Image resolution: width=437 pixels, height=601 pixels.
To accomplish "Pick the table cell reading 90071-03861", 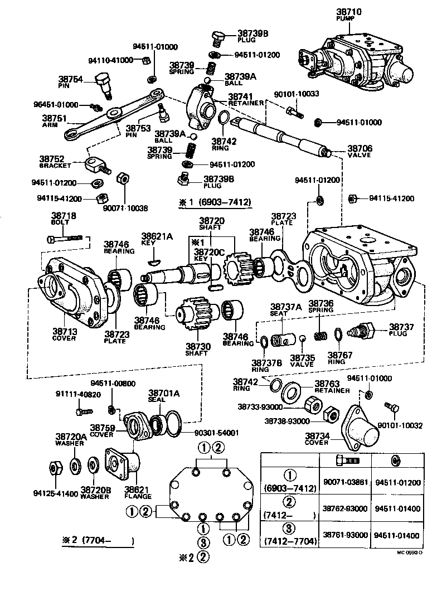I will (346, 482).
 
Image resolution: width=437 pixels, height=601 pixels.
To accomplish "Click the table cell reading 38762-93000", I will (346, 510).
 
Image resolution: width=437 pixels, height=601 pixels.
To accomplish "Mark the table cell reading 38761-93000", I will (346, 535).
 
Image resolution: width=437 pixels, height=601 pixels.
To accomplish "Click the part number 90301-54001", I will (216, 433).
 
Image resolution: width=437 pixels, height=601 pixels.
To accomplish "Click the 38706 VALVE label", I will (360, 152).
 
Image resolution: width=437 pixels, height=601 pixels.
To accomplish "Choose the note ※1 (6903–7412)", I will (215, 203).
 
